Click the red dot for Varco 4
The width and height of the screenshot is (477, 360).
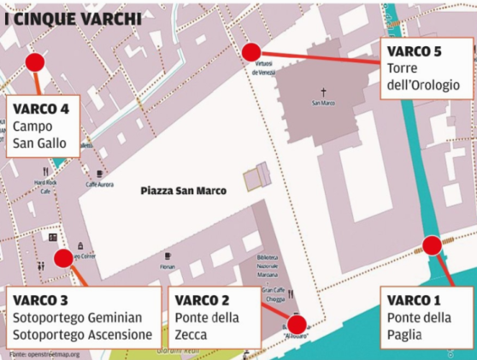pos(35,62)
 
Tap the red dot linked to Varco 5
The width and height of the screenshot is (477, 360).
pos(250,52)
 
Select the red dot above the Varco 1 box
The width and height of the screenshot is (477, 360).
pos(432,246)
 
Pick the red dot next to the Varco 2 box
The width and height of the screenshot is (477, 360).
pos(297,323)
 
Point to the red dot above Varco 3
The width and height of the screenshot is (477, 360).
pos(63,258)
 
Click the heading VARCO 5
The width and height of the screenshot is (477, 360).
pos(414,52)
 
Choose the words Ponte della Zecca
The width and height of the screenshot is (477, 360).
pos(206,326)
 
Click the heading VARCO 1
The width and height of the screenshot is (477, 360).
pos(414,300)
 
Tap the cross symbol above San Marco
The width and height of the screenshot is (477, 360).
pos(323,91)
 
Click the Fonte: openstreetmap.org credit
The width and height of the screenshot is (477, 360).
pos(44,353)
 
